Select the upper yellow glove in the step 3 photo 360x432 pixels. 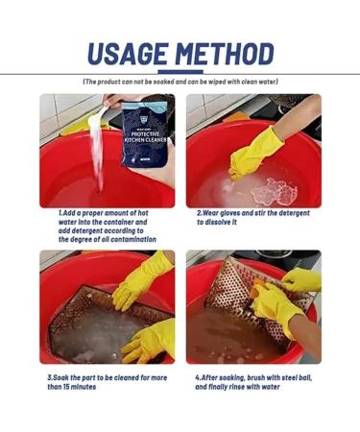point(142,280)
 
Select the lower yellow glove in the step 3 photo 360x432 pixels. point(149,338)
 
